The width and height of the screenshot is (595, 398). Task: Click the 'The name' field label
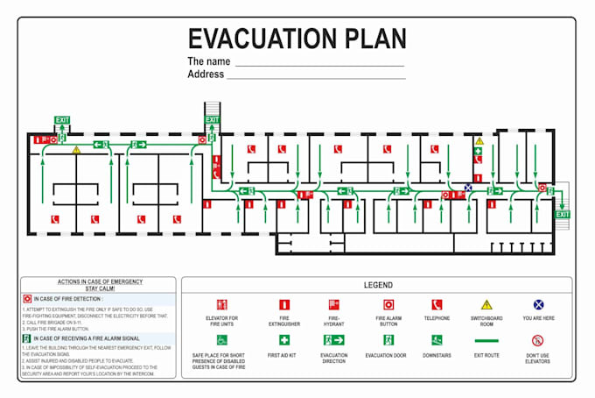pos(209,61)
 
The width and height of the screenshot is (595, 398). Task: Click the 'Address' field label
pos(206,75)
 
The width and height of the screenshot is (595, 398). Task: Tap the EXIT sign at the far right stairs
pos(562,214)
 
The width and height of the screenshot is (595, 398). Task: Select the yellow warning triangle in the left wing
pos(76,150)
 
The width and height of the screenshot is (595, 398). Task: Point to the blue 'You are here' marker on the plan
pos(468,188)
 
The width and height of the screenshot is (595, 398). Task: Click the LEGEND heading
pos(378,285)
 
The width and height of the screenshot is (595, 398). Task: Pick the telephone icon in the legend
pos(437,304)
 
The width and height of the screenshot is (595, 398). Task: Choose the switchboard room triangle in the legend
pos(486,304)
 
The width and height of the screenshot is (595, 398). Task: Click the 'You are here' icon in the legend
pos(538,304)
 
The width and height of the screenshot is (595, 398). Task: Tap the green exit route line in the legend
pos(486,340)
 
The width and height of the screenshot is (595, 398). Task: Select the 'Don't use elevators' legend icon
pos(538,340)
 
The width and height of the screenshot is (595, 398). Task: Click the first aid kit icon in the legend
pos(283,340)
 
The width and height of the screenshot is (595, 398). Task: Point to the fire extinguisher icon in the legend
pos(283,304)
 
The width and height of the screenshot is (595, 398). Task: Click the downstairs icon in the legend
pos(437,340)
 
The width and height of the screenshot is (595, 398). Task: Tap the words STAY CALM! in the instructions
pos(99,288)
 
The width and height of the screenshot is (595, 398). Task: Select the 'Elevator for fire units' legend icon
pos(221,304)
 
